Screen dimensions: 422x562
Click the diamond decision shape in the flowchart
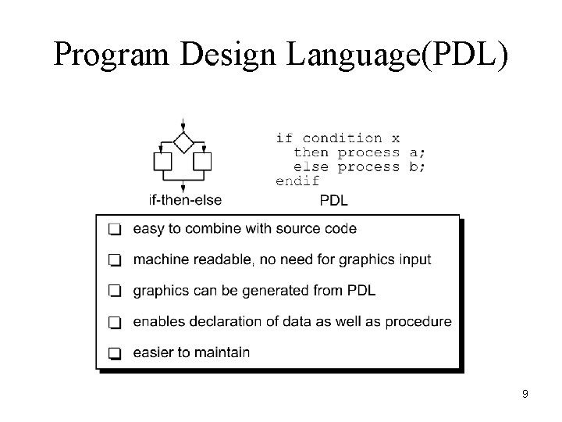pos(183,142)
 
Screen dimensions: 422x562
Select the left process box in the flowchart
pos(163,162)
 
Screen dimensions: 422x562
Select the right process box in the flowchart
pos(202,162)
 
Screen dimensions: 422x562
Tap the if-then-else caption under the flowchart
pos(185,200)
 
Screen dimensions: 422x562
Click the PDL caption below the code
pos(334,201)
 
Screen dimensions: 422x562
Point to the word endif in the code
pos(297,181)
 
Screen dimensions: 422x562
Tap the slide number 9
pos(525,394)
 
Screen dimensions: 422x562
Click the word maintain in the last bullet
pos(222,352)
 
